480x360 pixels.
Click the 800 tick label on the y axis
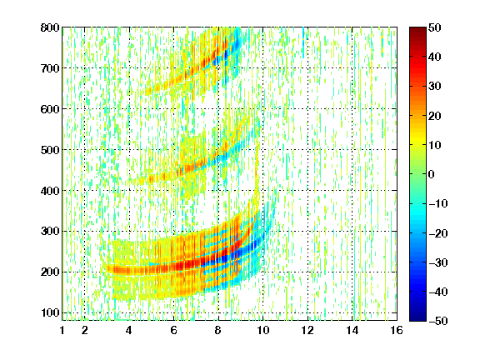(x=50, y=27)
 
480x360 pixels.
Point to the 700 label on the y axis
(x=50, y=68)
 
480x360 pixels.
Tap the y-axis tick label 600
(x=50, y=109)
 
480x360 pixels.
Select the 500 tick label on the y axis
(x=50, y=150)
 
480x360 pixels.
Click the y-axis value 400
(x=50, y=191)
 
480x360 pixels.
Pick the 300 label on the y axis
(x=50, y=232)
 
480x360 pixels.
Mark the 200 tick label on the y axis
(x=50, y=272)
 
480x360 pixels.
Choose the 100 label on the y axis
(x=50, y=312)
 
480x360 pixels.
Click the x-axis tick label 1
(x=62, y=330)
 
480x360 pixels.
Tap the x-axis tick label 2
(x=85, y=330)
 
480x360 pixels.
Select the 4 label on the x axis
(x=129, y=330)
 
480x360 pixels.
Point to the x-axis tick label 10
(x=262, y=330)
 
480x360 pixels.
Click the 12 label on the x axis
(x=307, y=330)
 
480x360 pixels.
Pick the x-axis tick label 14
(x=352, y=330)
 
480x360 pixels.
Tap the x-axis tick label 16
(x=397, y=330)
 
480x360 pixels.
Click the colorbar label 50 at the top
(x=435, y=27)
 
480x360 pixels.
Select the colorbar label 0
(x=432, y=174)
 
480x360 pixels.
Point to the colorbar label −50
(x=438, y=321)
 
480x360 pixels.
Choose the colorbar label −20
(x=438, y=233)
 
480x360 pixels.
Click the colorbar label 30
(x=435, y=87)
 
